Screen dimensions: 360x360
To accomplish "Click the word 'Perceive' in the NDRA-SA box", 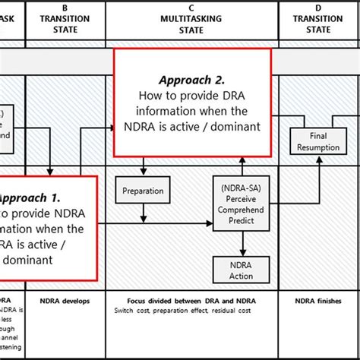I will coord(241,197).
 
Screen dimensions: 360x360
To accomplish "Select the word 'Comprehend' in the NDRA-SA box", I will coord(241,209).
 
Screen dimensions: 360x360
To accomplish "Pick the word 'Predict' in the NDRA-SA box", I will coord(241,220).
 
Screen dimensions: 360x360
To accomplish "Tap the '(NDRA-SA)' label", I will coord(241,186).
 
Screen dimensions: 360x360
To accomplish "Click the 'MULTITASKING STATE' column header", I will coord(192,24).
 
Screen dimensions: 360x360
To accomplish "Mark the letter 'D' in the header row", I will coord(318,8).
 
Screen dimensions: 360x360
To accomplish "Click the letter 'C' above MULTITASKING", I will coord(192,8).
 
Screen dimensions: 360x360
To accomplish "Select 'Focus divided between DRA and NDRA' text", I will coord(192,301).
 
